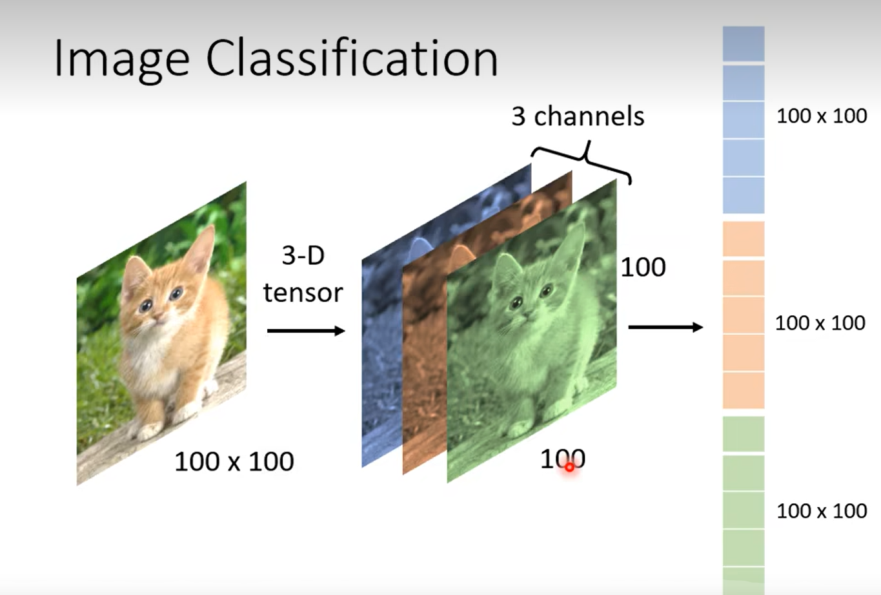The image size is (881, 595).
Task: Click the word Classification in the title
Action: pyautogui.click(x=352, y=58)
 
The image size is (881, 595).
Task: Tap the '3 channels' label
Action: pyautogui.click(x=578, y=116)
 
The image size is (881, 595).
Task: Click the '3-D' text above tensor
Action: pyautogui.click(x=303, y=256)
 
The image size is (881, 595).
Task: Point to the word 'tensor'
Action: pyautogui.click(x=303, y=293)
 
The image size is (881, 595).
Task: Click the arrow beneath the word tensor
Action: pyautogui.click(x=306, y=331)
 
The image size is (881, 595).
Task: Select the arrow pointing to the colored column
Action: pyautogui.click(x=665, y=327)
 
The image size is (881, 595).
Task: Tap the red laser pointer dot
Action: pyautogui.click(x=569, y=467)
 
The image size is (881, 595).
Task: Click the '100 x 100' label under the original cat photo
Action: pyautogui.click(x=234, y=461)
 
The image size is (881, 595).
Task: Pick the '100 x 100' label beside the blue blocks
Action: pyautogui.click(x=822, y=116)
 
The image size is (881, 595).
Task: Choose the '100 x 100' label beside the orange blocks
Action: pyautogui.click(x=820, y=323)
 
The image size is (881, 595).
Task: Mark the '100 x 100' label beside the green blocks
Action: pyautogui.click(x=822, y=511)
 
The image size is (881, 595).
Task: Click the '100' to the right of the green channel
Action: pyautogui.click(x=643, y=267)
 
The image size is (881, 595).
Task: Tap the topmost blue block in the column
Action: pyautogui.click(x=744, y=44)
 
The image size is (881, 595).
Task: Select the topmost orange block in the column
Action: pyautogui.click(x=744, y=238)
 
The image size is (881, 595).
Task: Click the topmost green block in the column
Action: pyautogui.click(x=744, y=434)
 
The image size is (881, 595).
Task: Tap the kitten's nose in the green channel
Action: pyautogui.click(x=528, y=314)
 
